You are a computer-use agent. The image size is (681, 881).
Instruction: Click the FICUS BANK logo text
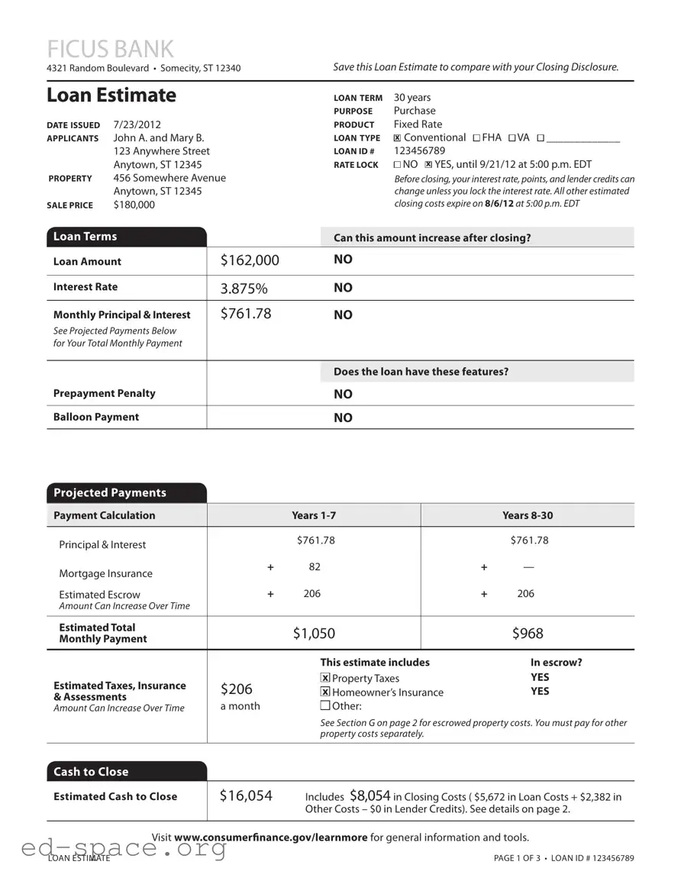[110, 49]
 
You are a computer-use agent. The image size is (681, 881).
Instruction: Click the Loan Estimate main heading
[111, 95]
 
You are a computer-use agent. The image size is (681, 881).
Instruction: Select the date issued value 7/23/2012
[137, 124]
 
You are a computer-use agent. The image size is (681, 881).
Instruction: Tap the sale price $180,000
[134, 205]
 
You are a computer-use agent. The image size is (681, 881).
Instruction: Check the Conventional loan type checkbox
[397, 138]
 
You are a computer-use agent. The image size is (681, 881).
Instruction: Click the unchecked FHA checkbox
[476, 138]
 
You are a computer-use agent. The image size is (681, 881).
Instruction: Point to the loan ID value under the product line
[419, 151]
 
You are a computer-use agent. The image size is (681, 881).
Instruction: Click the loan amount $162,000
[250, 261]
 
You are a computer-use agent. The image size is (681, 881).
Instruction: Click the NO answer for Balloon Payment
[343, 418]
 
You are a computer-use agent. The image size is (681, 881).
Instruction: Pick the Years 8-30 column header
[528, 515]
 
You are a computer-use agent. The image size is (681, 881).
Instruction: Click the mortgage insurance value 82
[315, 566]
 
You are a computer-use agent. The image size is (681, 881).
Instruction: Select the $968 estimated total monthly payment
[528, 634]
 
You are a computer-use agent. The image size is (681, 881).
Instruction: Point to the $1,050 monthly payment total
[314, 634]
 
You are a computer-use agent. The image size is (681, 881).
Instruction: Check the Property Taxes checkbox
[325, 678]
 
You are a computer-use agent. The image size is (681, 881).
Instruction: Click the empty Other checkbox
[325, 705]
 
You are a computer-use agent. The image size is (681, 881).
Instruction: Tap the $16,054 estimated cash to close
[246, 796]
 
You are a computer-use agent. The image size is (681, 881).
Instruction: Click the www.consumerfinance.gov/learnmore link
[270, 837]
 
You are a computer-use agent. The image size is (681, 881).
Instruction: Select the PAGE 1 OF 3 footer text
[517, 858]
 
